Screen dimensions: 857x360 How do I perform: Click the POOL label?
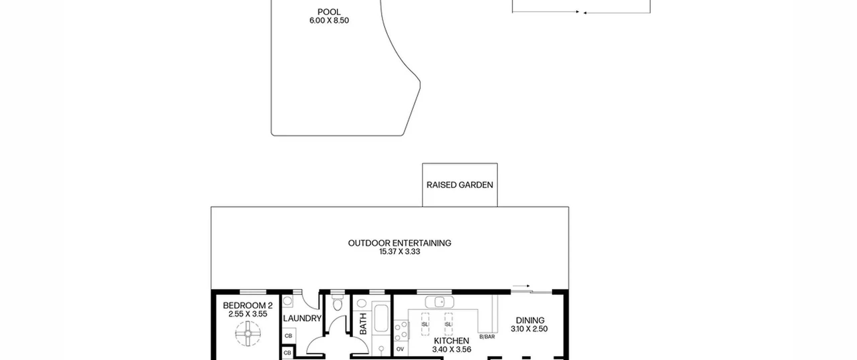pos(329,12)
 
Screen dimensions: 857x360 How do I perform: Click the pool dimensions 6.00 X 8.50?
pos(329,20)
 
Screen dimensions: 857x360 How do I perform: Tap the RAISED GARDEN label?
pos(460,185)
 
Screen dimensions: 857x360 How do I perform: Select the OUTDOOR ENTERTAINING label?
pos(399,243)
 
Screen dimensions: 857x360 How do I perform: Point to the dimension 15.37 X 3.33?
pos(399,251)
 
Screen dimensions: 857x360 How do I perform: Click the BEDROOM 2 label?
pos(248,305)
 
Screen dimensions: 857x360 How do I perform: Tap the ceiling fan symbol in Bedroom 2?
pos(248,334)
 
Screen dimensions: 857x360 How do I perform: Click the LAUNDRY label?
pos(302,318)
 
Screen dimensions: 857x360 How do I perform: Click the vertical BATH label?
pos(363,324)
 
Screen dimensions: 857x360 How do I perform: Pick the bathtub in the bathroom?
pos(381,318)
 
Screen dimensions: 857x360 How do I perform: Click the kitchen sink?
pos(440,302)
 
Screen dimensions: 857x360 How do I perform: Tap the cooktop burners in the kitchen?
pos(401,331)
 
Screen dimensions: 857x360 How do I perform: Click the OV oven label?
pos(400,349)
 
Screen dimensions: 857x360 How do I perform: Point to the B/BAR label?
pos(487,337)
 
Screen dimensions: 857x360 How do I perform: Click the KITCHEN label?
pos(451,341)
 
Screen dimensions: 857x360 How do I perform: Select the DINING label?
pos(530,320)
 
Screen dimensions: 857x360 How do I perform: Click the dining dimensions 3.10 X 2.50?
pos(529,329)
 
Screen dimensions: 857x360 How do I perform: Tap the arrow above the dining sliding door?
pos(521,286)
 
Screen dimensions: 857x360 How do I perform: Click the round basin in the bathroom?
pos(362,303)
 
